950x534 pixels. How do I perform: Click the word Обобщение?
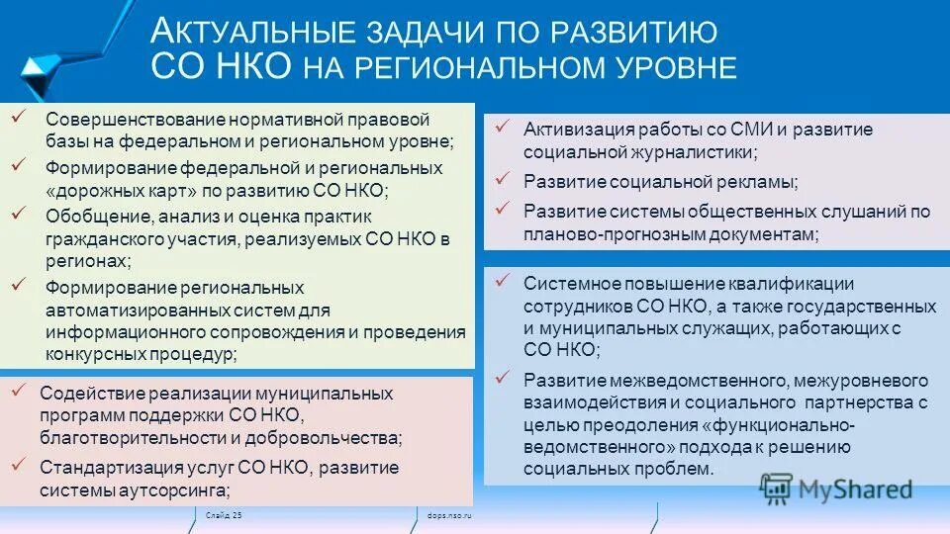90,215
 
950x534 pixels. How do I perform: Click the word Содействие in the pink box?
87,393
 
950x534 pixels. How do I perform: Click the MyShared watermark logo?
836,489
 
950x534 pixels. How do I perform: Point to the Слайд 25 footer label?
224,515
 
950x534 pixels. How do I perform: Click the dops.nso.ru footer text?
448,515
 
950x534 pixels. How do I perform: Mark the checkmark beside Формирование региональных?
18,285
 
